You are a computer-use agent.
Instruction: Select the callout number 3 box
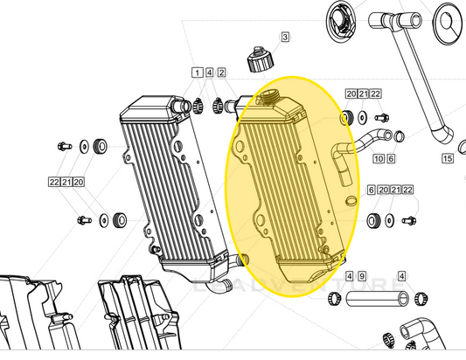284,37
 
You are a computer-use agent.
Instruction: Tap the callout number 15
447,159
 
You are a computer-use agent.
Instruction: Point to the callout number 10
379,159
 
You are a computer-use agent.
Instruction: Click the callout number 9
360,276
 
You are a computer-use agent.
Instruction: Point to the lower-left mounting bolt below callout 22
85,218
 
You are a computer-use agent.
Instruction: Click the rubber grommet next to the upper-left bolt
98,143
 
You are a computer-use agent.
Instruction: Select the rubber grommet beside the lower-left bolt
117,218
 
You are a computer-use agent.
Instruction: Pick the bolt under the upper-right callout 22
381,115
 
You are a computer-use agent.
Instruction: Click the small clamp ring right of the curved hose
400,135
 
